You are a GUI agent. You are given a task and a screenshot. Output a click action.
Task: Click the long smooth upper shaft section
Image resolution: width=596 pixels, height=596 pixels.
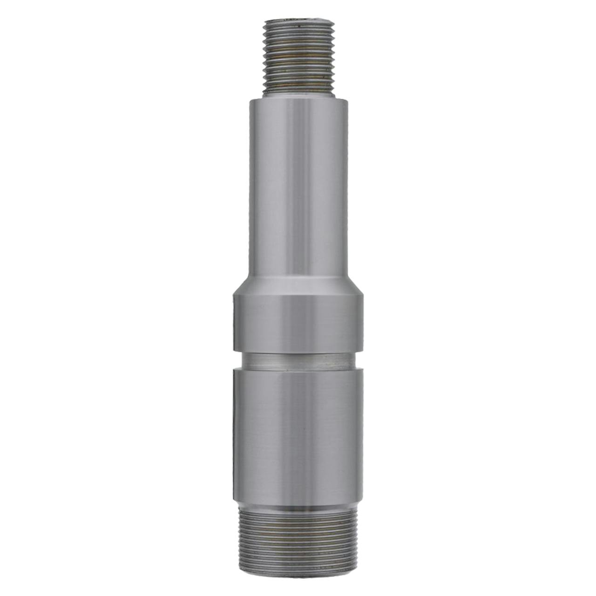tap(298, 186)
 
